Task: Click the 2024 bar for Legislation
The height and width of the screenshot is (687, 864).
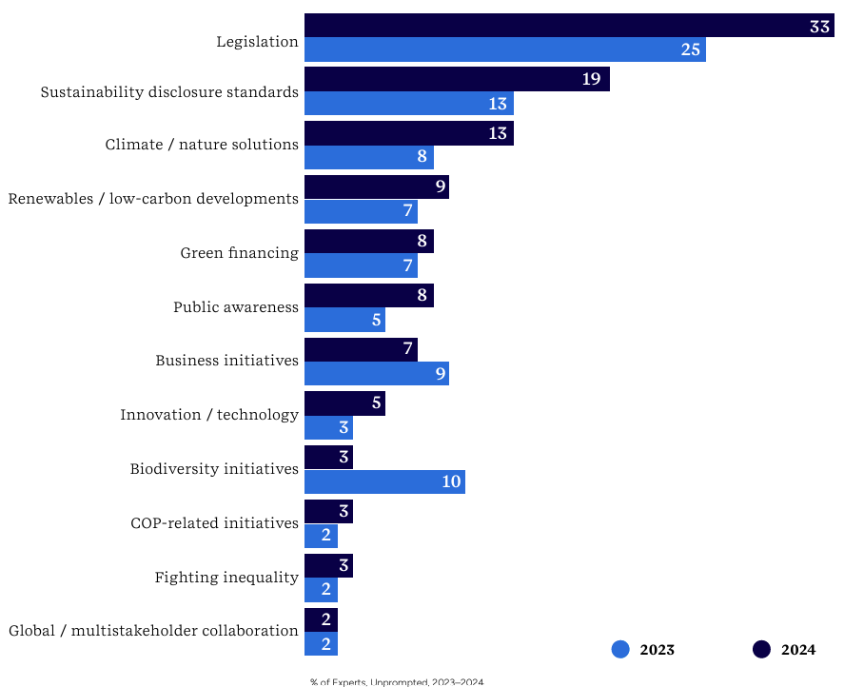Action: click(569, 26)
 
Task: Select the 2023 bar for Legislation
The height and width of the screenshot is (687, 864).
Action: click(504, 49)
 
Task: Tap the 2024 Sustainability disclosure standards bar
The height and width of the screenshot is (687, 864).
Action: click(457, 79)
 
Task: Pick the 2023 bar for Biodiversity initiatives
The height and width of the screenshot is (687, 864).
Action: click(384, 481)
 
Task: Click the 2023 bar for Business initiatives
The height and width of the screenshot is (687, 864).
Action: click(376, 373)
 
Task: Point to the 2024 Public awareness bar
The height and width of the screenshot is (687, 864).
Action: click(368, 295)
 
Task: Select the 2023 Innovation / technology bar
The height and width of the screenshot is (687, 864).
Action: click(328, 427)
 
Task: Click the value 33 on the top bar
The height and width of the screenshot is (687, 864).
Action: click(819, 26)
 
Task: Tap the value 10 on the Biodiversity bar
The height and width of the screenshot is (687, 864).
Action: click(451, 481)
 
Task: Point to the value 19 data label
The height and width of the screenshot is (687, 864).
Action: click(591, 79)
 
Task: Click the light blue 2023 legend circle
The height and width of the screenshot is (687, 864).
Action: click(620, 650)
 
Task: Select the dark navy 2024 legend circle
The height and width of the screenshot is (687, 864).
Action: click(761, 650)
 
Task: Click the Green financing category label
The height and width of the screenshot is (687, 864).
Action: click(239, 253)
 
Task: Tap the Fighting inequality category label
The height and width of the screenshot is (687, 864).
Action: click(226, 578)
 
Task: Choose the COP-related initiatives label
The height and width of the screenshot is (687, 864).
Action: click(214, 523)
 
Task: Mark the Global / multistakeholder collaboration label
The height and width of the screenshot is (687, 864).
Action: click(153, 631)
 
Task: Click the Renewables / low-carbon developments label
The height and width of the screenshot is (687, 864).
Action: click(153, 199)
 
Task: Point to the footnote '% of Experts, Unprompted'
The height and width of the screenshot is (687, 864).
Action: click(396, 681)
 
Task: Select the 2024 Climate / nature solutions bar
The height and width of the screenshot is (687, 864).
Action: click(409, 133)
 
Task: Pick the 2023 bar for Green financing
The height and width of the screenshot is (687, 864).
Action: click(361, 265)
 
